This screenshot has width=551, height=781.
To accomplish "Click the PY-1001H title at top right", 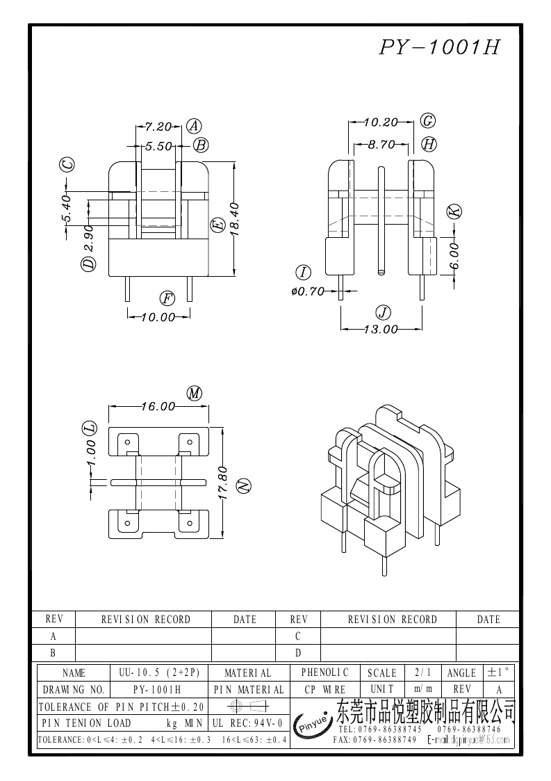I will pos(439,47).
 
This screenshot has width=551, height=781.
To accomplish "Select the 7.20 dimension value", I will pos(158,127).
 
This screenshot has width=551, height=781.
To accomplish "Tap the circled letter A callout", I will pos(194,126).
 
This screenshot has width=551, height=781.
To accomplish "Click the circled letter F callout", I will pos(167,299).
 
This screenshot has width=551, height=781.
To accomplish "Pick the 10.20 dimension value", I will pos(381,122).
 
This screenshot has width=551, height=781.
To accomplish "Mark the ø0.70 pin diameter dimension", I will pos(309,291).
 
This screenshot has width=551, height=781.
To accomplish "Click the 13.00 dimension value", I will pos(381,329).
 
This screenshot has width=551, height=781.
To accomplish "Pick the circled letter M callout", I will pos(195,393).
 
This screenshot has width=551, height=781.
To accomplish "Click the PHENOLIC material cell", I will pos(325,673).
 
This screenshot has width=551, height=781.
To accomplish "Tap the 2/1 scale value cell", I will pos(422,673).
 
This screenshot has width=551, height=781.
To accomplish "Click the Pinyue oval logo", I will pos(313,725).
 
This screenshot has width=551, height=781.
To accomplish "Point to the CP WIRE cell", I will pos(325,690).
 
